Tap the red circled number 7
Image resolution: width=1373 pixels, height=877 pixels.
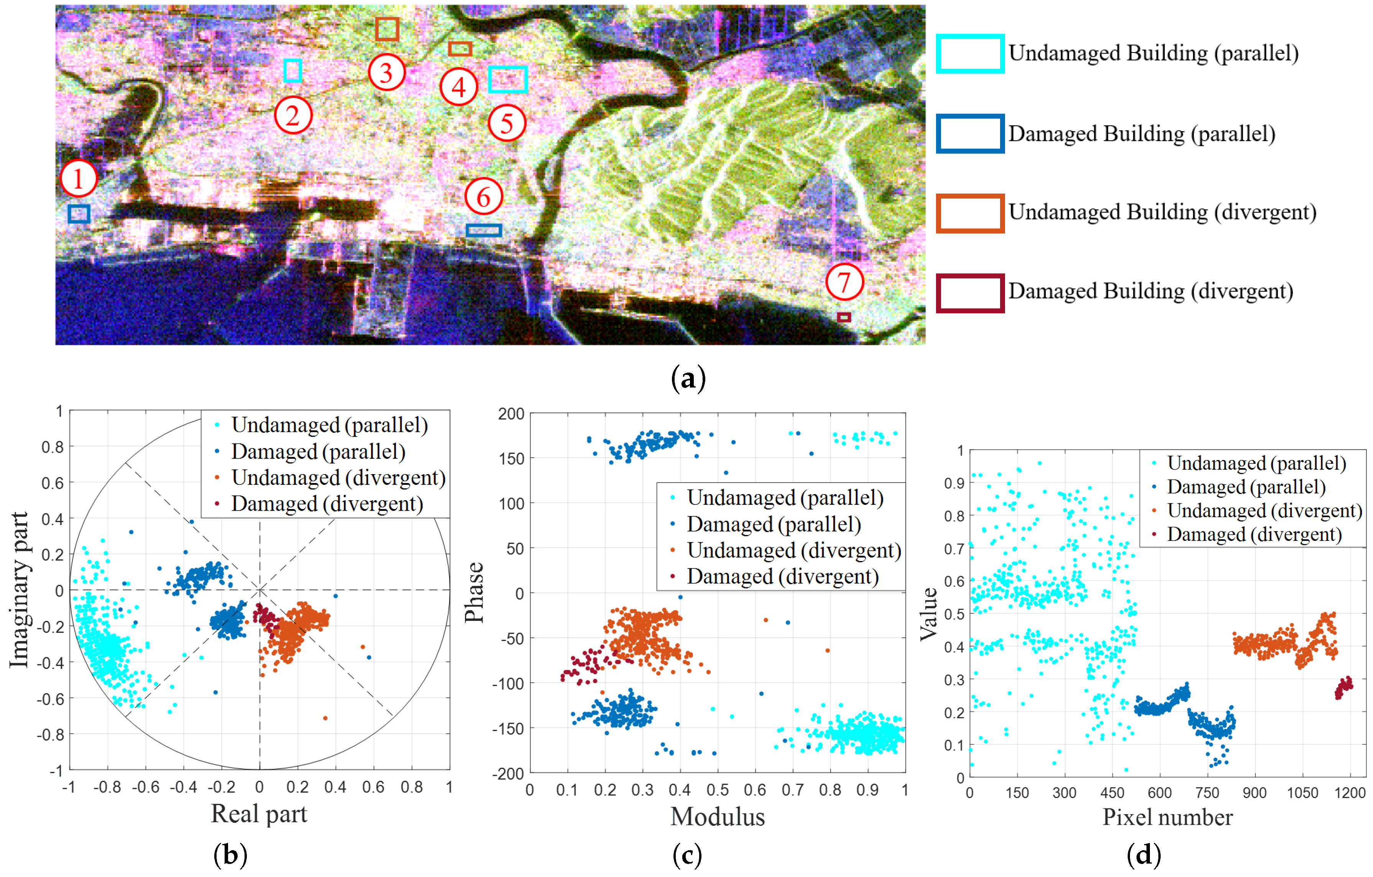click(844, 282)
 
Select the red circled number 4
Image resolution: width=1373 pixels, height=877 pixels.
click(458, 87)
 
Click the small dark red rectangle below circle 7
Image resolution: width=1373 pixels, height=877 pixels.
click(844, 317)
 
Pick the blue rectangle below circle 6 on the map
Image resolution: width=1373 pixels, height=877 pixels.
click(483, 230)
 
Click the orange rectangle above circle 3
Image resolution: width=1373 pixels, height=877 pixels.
click(387, 28)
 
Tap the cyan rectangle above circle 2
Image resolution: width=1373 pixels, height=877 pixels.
click(292, 71)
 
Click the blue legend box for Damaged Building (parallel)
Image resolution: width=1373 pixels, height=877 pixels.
click(970, 133)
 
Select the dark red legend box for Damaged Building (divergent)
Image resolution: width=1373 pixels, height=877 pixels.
click(970, 293)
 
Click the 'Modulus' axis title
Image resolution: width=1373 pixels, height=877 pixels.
click(717, 816)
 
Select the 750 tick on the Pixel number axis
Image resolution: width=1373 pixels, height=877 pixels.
click(1207, 793)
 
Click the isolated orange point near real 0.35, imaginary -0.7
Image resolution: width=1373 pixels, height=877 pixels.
click(325, 718)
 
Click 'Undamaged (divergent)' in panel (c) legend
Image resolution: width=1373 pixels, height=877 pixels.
click(794, 550)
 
